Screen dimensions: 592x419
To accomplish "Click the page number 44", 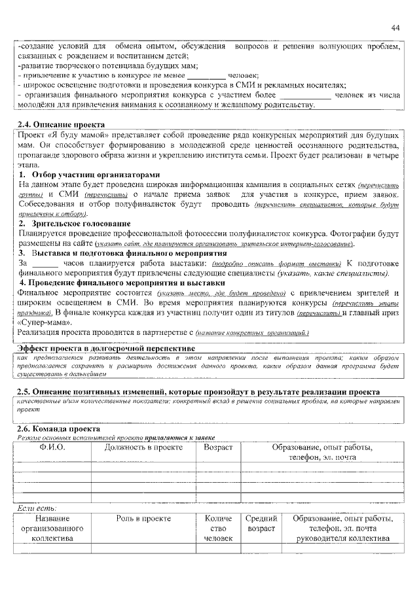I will point(395,27).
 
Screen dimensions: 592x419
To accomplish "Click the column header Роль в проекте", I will point(143,518).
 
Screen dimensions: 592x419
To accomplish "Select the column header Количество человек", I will point(218,529).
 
